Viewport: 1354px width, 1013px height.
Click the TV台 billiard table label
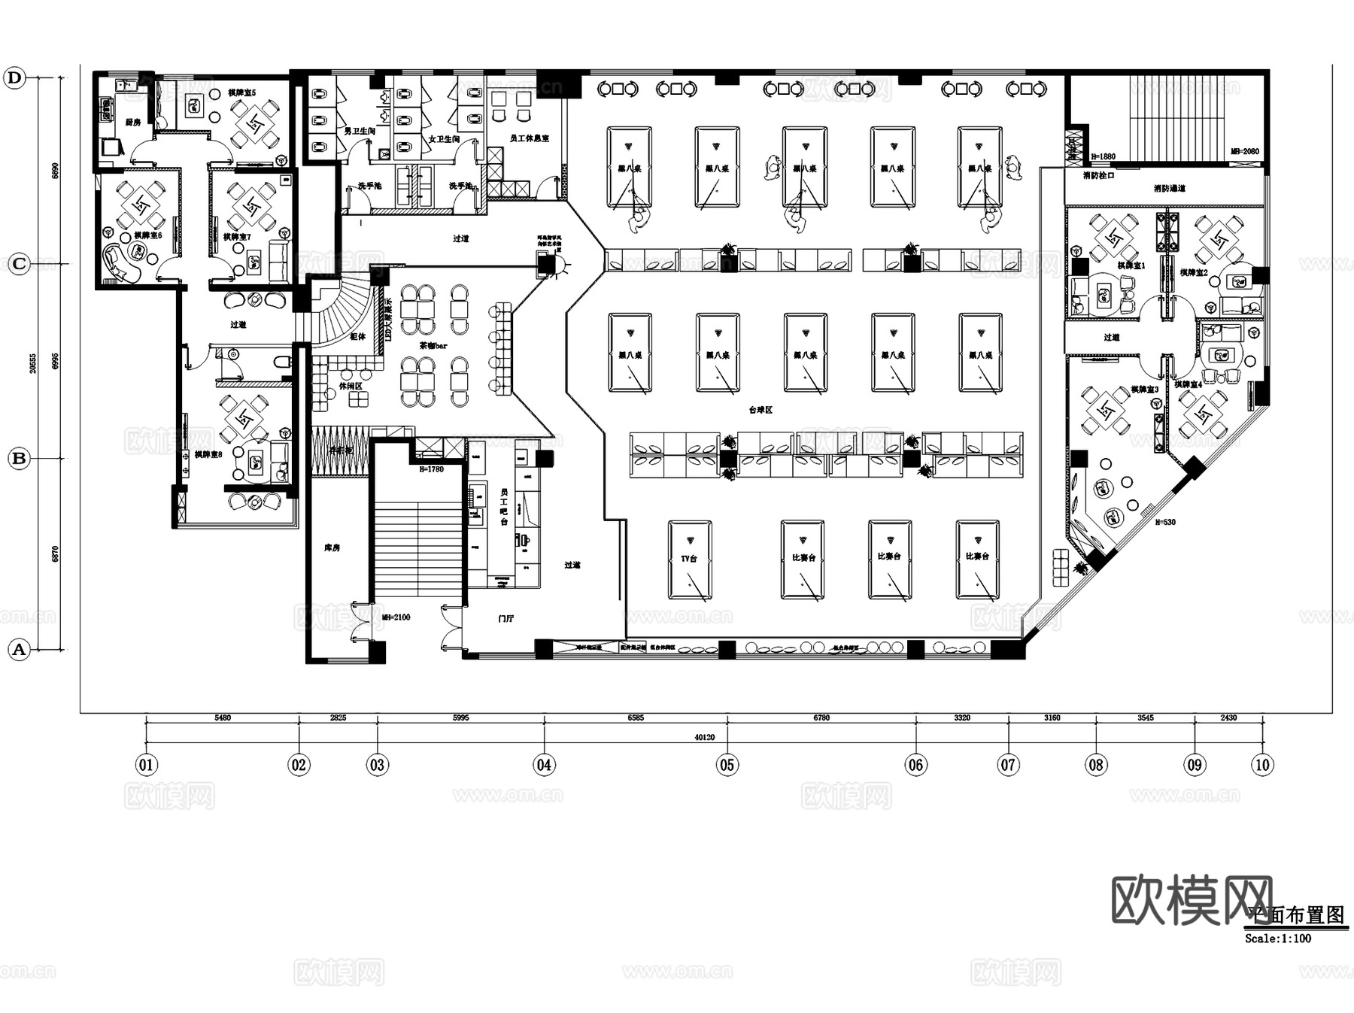coord(689,559)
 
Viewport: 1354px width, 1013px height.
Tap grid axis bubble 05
coord(727,765)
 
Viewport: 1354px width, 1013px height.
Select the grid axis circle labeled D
coord(15,77)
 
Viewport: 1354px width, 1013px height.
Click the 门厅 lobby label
coord(506,619)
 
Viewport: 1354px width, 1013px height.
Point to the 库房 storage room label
coord(332,547)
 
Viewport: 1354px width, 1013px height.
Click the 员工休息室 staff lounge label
coord(529,138)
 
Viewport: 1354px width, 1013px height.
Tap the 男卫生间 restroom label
coord(360,131)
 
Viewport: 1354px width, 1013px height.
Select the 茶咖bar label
coord(433,346)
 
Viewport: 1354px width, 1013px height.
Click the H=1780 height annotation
coord(431,469)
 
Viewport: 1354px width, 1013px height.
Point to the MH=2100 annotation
coord(396,617)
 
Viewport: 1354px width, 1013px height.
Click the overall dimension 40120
coord(704,737)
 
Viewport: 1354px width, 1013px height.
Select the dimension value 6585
coord(636,717)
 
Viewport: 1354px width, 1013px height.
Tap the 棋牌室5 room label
coord(242,93)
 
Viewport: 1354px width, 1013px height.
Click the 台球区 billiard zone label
coord(760,410)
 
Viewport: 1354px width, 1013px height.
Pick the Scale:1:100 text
coord(1277,939)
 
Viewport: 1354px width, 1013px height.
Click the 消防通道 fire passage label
coord(1169,188)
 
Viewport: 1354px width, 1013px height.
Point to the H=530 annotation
coord(1164,522)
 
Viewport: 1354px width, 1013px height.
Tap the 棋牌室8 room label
coord(208,454)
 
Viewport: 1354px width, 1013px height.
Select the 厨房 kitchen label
coord(132,122)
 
